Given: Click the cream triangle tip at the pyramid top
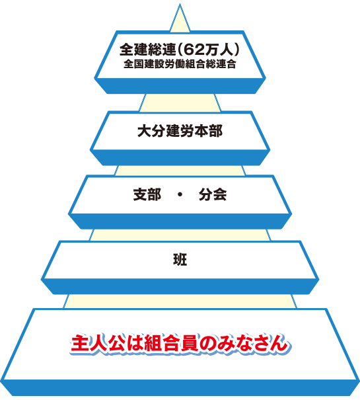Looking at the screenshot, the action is pyautogui.click(x=180, y=5).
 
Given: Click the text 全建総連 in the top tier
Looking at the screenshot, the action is pyautogui.click(x=147, y=50).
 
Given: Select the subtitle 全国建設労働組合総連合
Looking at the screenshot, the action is pyautogui.click(x=180, y=64).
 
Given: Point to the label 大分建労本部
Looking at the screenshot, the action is pyautogui.click(x=180, y=131).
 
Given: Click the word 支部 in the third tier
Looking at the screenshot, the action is pyautogui.click(x=147, y=194).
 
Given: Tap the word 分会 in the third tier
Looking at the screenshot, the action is pyautogui.click(x=213, y=194).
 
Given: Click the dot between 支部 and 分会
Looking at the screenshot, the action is pyautogui.click(x=180, y=194).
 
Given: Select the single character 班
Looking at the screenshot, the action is pyautogui.click(x=180, y=260).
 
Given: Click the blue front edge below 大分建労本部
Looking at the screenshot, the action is pyautogui.click(x=180, y=157).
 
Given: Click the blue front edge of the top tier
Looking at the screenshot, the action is pyautogui.click(x=180, y=86).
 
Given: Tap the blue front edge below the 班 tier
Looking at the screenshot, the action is pyautogui.click(x=180, y=286).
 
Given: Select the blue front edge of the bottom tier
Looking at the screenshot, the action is pyautogui.click(x=180, y=387).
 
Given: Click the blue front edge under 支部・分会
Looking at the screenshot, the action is pyautogui.click(x=180, y=221).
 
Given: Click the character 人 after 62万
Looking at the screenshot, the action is pyautogui.click(x=225, y=50).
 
